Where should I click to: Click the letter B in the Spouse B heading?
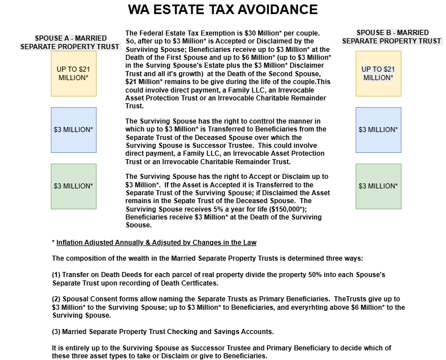[388, 33]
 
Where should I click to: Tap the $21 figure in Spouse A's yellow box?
[84, 69]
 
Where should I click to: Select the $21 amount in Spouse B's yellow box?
[389, 69]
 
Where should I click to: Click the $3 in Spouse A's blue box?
[58, 130]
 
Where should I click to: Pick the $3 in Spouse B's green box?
[362, 186]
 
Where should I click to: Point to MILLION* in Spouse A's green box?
[78, 186]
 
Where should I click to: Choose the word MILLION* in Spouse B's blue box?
[383, 130]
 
